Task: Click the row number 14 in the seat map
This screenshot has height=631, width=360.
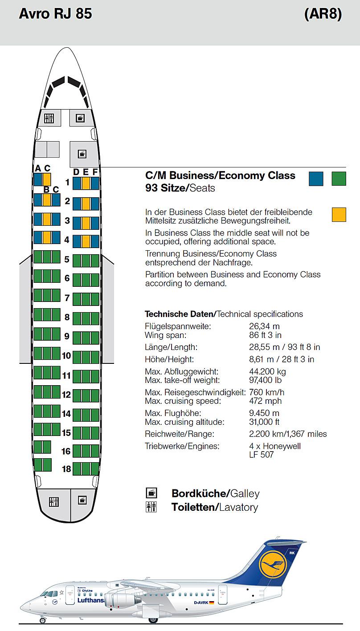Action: pyautogui.click(x=66, y=414)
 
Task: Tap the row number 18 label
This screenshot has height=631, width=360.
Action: pyautogui.click(x=66, y=469)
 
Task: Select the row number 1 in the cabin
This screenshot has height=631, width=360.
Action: pyautogui.click(x=67, y=182)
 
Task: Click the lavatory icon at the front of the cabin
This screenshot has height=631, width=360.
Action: pyautogui.click(x=49, y=118)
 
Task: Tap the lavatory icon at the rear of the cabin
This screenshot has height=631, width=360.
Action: pyautogui.click(x=54, y=502)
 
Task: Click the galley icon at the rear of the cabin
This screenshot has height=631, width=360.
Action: pyautogui.click(x=82, y=500)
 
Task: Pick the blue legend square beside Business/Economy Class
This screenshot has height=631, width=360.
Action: pyautogui.click(x=316, y=179)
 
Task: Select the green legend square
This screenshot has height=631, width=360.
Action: pyautogui.click(x=339, y=179)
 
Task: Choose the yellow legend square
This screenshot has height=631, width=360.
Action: pyautogui.click(x=339, y=214)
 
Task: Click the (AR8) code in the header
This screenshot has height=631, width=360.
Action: pyautogui.click(x=323, y=13)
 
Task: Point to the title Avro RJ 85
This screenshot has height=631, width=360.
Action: pyautogui.click(x=56, y=13)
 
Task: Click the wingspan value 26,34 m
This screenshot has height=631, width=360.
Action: pyautogui.click(x=265, y=326)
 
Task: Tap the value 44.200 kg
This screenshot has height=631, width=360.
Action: pyautogui.click(x=267, y=371)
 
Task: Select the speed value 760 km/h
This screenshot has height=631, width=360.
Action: pyautogui.click(x=267, y=392)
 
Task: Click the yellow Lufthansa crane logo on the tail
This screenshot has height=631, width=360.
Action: pyautogui.click(x=273, y=564)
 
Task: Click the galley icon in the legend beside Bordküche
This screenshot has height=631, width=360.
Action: pyautogui.click(x=151, y=493)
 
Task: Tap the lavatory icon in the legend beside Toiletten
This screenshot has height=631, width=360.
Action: pyautogui.click(x=151, y=507)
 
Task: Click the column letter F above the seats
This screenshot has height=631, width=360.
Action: pyautogui.click(x=95, y=171)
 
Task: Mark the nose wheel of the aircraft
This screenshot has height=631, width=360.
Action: pyautogui.click(x=43, y=620)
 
